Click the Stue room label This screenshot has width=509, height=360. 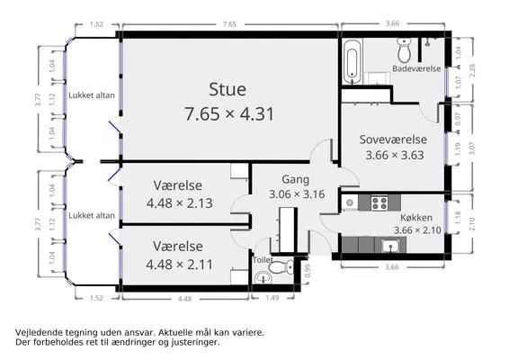228,89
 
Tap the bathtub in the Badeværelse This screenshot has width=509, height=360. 352,61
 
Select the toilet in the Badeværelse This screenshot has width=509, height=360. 404,50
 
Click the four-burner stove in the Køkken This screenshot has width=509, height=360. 380,203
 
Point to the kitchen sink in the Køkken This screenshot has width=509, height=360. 391,246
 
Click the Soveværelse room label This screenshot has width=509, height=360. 393,139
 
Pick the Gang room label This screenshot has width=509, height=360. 295,179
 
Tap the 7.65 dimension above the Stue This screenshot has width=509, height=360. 229,24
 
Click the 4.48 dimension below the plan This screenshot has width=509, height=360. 184,299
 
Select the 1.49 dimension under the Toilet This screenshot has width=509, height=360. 272,298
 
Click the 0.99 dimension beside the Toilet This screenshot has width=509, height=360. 308,271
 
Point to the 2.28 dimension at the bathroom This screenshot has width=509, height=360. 472,70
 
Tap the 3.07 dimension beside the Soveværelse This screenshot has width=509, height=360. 472,148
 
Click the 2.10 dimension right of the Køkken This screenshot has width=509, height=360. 472,224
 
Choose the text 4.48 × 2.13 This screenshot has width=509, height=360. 180,203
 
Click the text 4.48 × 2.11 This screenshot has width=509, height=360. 180,265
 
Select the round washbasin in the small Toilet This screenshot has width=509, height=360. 263,278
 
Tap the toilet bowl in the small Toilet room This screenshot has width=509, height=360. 281,267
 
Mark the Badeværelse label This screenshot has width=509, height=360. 416,68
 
